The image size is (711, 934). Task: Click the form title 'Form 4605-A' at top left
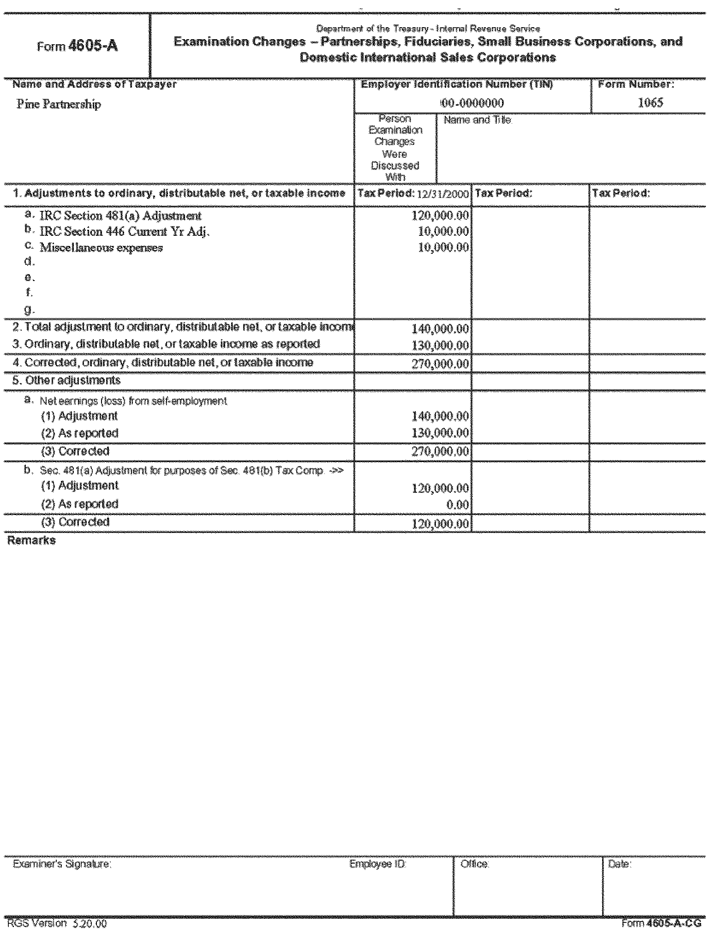(x=77, y=47)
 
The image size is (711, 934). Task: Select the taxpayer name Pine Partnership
(x=59, y=104)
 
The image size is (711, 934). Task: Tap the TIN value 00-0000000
(x=472, y=103)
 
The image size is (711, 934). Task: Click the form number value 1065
(x=650, y=102)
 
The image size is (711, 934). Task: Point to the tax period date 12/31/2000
(x=442, y=194)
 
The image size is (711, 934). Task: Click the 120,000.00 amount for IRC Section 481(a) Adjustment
(x=440, y=216)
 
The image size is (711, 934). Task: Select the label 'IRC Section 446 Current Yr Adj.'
(x=125, y=232)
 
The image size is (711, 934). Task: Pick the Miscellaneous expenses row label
(x=102, y=248)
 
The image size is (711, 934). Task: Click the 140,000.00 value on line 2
(x=440, y=329)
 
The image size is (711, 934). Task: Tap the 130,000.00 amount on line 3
(x=440, y=345)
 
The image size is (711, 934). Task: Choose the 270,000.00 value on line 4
(x=440, y=364)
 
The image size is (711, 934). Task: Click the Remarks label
(x=31, y=540)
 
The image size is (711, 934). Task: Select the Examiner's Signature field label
(x=62, y=864)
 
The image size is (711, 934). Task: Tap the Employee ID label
(x=377, y=864)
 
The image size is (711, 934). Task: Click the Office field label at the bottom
(x=474, y=864)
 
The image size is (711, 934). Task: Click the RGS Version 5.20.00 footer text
(x=57, y=924)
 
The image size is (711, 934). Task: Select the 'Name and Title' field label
(x=477, y=120)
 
